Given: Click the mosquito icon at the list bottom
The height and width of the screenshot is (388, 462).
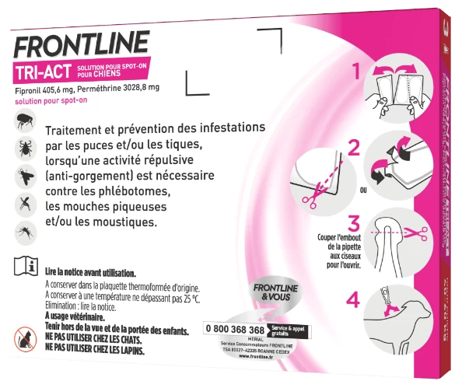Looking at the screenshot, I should pyautogui.click(x=23, y=231).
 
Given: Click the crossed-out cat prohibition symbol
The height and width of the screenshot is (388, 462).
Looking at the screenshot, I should pyautogui.click(x=24, y=335).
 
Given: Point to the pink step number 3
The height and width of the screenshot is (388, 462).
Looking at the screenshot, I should pyautogui.click(x=355, y=225).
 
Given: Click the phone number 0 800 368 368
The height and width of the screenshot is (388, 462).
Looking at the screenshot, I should pyautogui.click(x=243, y=329).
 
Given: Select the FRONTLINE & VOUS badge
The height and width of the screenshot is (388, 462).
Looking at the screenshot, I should pyautogui.click(x=272, y=294).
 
